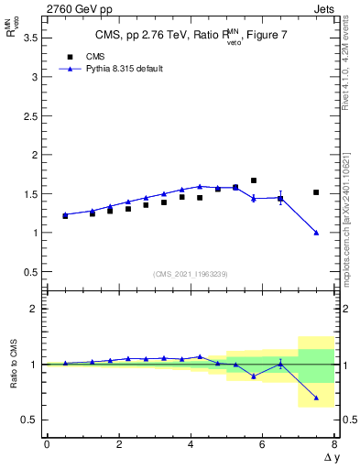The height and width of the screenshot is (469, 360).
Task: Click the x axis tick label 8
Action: click(334, 444)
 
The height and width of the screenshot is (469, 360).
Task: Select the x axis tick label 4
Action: click(191, 444)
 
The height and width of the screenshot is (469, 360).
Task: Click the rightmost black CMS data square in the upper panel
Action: click(316, 192)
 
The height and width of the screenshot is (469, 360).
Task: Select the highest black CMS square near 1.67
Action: click(254, 180)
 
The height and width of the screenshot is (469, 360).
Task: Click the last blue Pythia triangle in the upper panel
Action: click(316, 233)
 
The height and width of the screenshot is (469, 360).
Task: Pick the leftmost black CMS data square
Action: click(65, 216)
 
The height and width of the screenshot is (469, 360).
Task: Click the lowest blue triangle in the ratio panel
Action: click(316, 398)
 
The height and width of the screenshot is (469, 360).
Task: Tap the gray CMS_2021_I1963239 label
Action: click(190, 274)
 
